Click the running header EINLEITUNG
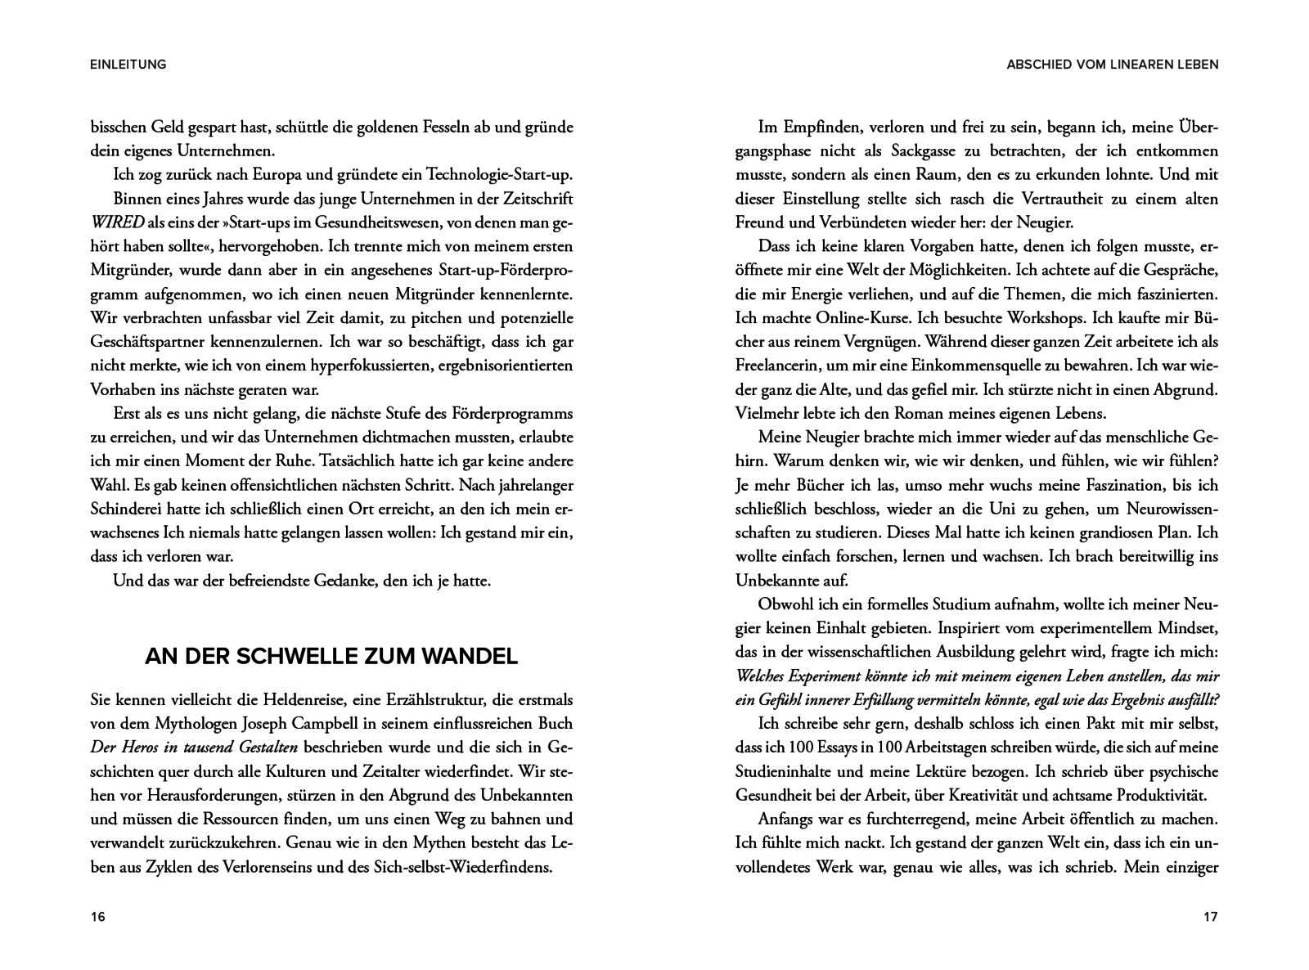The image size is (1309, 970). [x=128, y=64]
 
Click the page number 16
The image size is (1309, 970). [x=97, y=917]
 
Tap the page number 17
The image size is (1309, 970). [x=1211, y=917]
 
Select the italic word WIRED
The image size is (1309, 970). [x=117, y=222]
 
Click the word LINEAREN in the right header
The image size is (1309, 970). [x=1127, y=64]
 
